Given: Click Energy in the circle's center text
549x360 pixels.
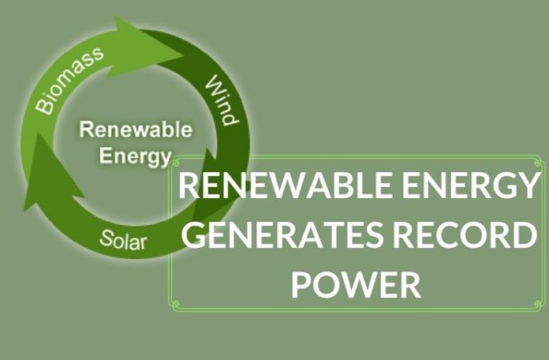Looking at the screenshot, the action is [135, 153].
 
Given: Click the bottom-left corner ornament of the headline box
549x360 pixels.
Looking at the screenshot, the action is [175, 304].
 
